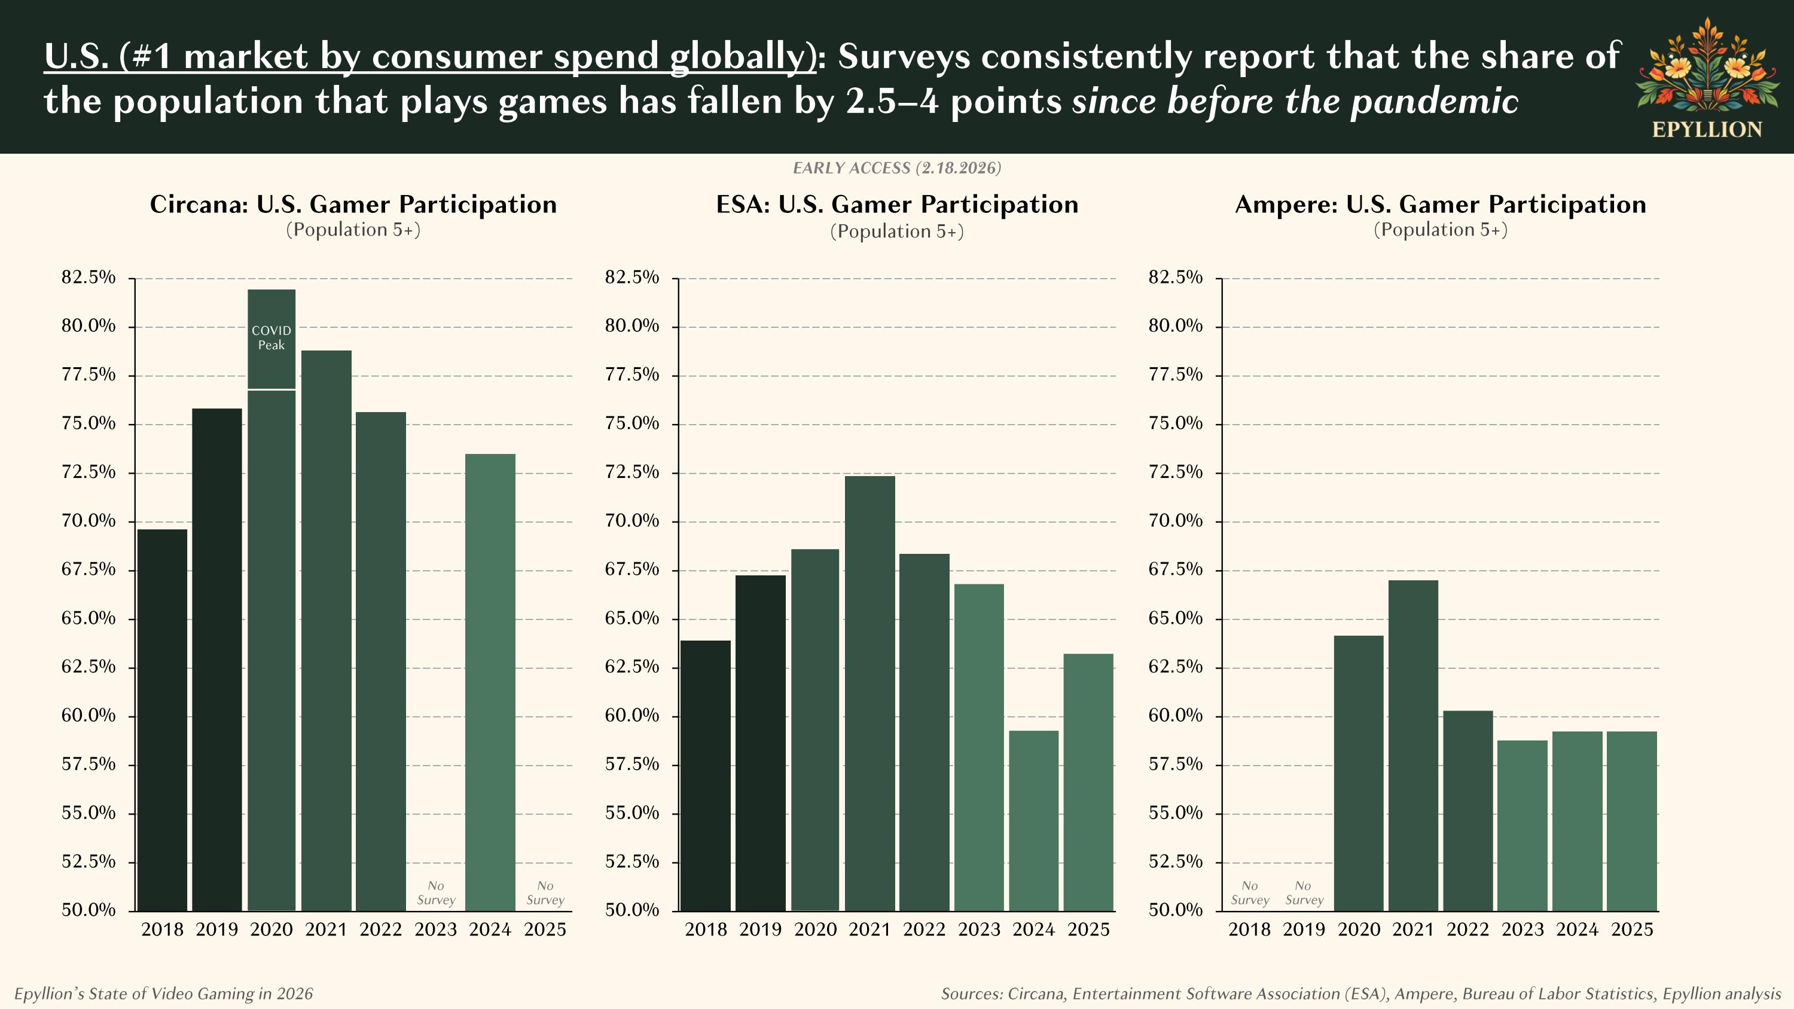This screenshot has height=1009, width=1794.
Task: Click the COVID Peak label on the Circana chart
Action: click(271, 338)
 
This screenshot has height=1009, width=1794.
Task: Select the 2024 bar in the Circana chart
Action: click(490, 682)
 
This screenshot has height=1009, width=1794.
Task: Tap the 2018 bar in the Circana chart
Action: click(162, 721)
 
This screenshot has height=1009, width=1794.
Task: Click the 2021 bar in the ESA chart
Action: click(870, 693)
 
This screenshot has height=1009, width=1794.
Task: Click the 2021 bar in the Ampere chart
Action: click(1413, 745)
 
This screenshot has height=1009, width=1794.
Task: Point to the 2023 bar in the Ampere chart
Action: click(1523, 825)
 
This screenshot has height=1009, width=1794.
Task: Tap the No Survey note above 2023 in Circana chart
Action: click(436, 893)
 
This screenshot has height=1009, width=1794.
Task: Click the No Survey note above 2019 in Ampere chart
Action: click(1304, 893)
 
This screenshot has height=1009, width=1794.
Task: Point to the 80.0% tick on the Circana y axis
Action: click(89, 326)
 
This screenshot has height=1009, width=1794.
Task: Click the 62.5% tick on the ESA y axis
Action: click(631, 667)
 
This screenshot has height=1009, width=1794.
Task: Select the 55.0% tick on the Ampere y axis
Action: click(1176, 813)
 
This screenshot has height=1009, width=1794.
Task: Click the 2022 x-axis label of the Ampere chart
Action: click(1468, 929)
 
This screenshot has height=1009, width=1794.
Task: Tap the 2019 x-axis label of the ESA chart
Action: click(761, 929)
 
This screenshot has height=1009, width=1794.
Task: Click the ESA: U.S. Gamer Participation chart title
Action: click(897, 205)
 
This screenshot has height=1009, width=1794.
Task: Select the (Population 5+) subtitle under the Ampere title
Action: click(1440, 230)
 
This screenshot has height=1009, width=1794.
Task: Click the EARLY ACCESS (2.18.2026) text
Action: click(897, 168)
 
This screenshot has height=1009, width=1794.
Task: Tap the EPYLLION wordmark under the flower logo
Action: click(1707, 130)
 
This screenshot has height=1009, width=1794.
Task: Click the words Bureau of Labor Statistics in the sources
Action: click(1558, 993)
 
